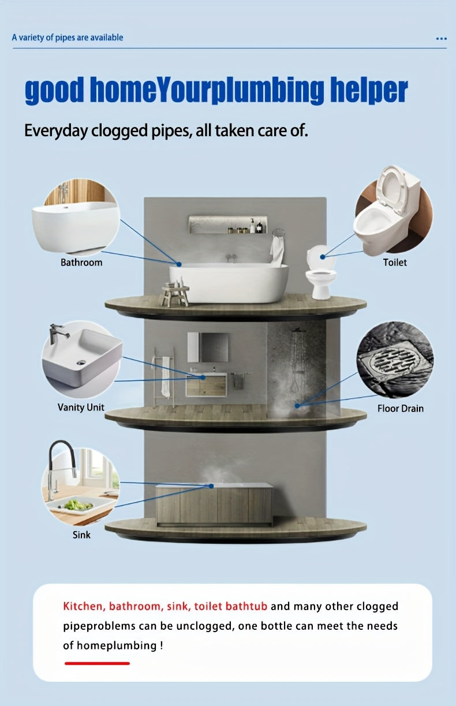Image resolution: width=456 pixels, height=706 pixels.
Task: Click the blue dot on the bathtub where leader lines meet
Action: click(179, 264)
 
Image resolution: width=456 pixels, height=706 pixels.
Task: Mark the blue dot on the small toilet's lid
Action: click(323, 257)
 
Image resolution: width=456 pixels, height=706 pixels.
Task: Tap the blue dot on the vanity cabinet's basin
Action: click(203, 378)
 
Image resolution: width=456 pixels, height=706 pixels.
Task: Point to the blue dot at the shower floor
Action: click(297, 406)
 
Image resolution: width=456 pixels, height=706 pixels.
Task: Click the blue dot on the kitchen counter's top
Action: click(211, 486)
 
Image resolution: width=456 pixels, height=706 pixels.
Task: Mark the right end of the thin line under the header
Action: click(446, 48)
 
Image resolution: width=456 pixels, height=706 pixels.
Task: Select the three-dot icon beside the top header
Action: click(441, 39)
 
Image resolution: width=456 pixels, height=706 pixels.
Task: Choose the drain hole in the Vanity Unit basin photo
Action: click(81, 363)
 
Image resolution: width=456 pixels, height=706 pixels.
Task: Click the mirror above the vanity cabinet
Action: click(208, 347)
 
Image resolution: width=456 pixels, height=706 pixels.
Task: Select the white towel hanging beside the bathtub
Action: click(277, 251)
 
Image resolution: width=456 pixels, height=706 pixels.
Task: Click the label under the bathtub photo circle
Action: click(81, 263)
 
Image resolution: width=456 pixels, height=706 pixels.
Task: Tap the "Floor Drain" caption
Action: click(401, 409)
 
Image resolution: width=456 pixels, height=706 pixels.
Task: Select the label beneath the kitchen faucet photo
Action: click(81, 535)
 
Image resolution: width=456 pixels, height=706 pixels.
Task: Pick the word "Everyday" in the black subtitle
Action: click(56, 131)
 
